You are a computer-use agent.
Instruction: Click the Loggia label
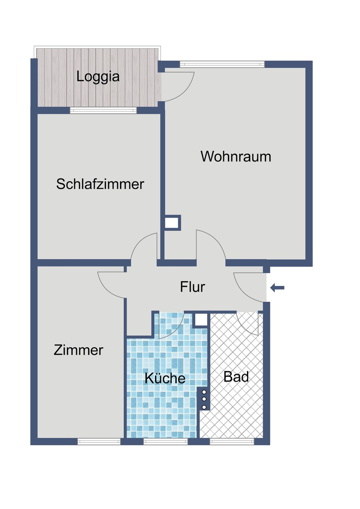98,77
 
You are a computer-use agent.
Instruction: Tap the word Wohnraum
236,156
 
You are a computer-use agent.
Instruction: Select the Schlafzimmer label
100,184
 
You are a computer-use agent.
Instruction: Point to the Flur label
192,287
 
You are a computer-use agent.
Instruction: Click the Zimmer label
78,350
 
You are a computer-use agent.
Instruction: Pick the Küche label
165,378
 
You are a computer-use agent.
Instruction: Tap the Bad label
236,377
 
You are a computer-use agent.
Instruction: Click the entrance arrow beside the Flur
277,287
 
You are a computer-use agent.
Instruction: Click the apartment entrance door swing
248,286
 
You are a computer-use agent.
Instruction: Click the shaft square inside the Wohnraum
172,223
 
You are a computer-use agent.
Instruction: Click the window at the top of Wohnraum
222,64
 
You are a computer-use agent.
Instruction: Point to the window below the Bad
232,441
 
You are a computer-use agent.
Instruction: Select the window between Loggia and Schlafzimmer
103,110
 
